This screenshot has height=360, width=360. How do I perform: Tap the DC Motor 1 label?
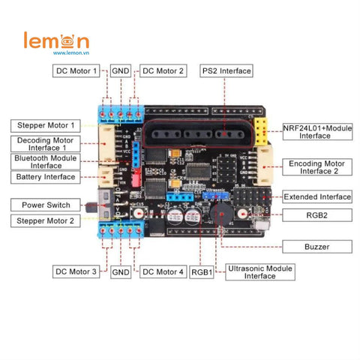(x=76, y=71)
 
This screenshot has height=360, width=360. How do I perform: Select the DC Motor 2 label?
(x=163, y=71)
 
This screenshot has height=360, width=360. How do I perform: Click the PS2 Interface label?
(x=226, y=71)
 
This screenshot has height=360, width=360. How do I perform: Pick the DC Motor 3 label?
(x=76, y=271)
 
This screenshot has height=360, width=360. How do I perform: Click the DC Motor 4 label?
(x=163, y=271)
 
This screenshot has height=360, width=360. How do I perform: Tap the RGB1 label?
(x=201, y=271)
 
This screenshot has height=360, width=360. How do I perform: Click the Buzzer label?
(x=317, y=246)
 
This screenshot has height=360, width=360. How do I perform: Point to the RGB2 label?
(x=317, y=214)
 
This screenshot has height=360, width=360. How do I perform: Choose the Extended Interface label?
(x=317, y=197)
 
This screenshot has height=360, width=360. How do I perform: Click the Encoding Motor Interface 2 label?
(x=317, y=166)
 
